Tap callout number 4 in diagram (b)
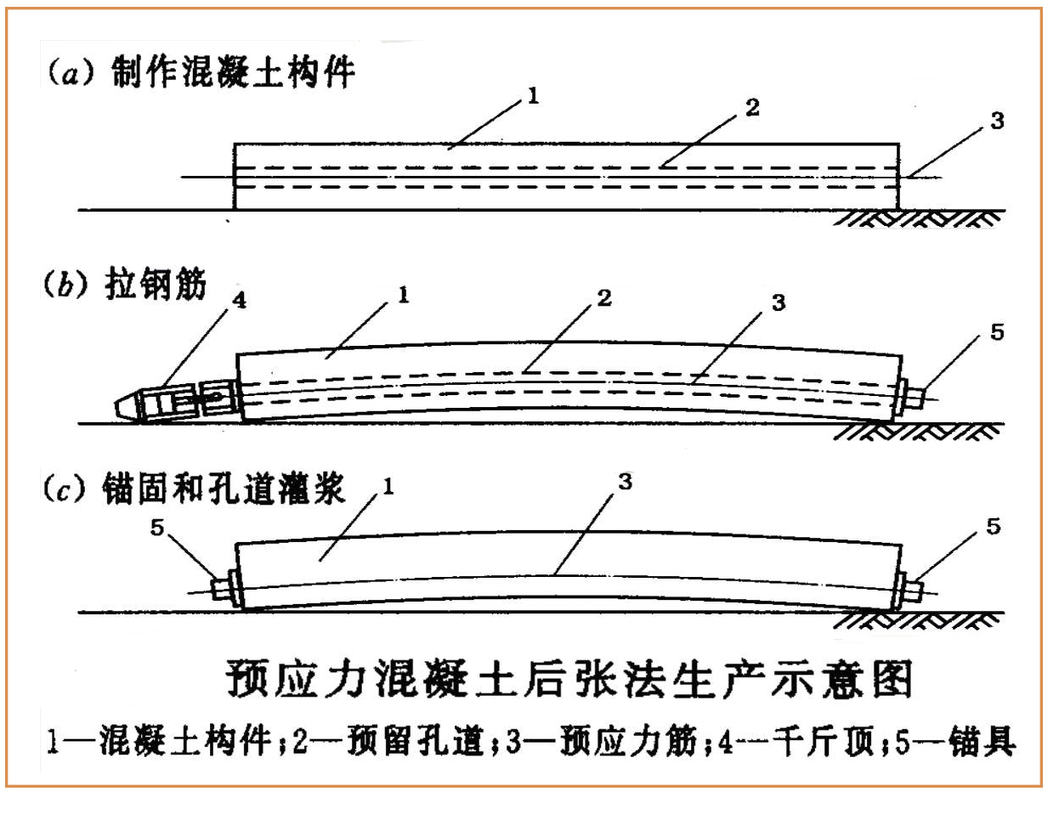(239, 301)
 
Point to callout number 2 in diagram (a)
(752, 108)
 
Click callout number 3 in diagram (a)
(997, 121)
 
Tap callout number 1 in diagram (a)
(534, 95)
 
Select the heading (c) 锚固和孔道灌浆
(194, 489)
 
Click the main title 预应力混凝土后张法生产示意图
(569, 680)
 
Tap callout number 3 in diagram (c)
(626, 482)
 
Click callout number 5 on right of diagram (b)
(997, 332)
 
